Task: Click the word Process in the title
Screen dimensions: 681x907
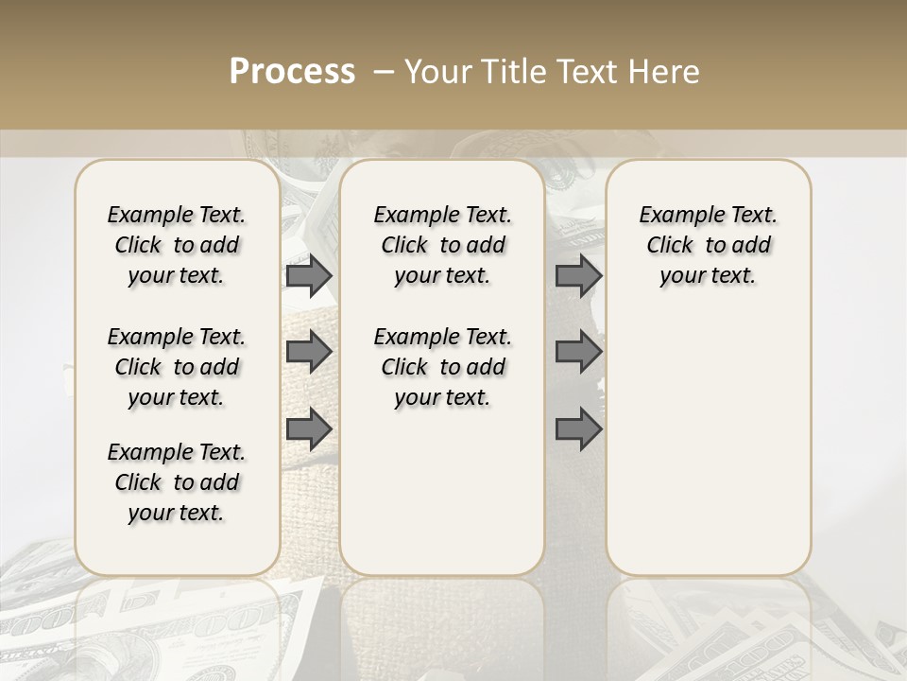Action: (x=292, y=72)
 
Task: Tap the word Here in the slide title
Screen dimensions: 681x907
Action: (x=666, y=72)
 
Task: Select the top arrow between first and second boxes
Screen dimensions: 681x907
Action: (x=309, y=276)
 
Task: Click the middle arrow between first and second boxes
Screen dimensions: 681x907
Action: (x=309, y=353)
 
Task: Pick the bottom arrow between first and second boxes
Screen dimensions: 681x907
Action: (x=309, y=429)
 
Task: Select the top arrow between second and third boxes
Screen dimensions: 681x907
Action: (x=578, y=276)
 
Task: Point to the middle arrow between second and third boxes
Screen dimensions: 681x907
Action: (x=578, y=353)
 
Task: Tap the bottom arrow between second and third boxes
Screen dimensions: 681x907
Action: (x=578, y=429)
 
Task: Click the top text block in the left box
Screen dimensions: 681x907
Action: (x=177, y=245)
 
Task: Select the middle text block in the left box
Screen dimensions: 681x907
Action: (x=177, y=367)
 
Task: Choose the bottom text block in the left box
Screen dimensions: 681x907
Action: (x=177, y=482)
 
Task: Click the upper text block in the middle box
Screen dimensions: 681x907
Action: (x=442, y=245)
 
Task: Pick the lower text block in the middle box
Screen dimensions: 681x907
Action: (x=442, y=367)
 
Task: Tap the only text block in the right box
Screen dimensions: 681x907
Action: (x=708, y=245)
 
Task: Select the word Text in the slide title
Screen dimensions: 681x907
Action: (x=582, y=72)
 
